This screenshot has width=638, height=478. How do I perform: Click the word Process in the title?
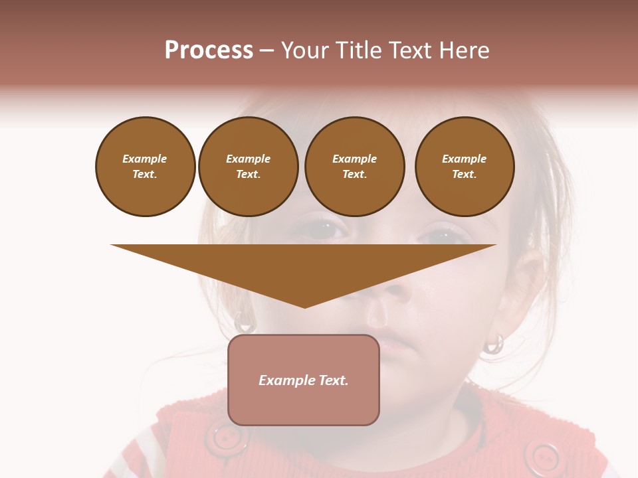coord(209,50)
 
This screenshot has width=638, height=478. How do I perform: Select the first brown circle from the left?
coord(146,167)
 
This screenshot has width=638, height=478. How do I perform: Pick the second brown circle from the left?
coord(249,167)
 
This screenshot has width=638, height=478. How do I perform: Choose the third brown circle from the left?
coord(355,167)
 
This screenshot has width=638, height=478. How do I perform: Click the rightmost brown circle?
coord(465,167)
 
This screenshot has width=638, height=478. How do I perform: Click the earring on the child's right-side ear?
coord(494,343)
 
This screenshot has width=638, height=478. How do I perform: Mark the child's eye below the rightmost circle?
coord(443,235)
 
